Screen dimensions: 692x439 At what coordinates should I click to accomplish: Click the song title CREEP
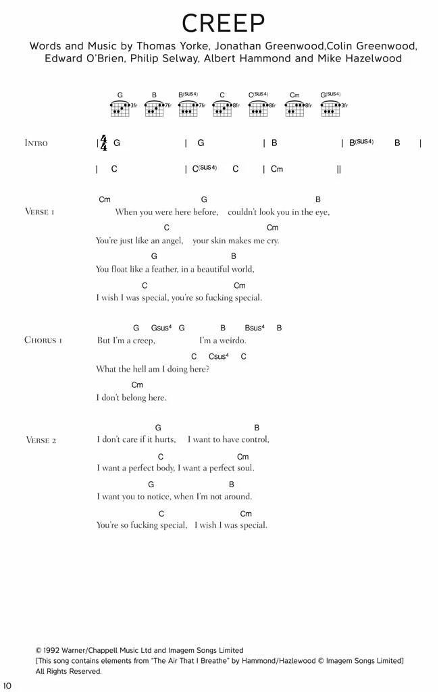pyautogui.click(x=222, y=24)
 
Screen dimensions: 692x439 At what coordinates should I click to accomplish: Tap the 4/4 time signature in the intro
pyautogui.click(x=103, y=143)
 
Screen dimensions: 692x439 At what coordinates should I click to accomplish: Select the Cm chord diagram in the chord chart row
pyautogui.click(x=295, y=106)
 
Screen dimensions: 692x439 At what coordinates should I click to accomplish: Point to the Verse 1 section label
pyautogui.click(x=40, y=212)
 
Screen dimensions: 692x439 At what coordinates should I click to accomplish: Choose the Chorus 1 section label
pyautogui.click(x=43, y=340)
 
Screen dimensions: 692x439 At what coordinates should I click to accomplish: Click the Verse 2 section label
pyautogui.click(x=40, y=440)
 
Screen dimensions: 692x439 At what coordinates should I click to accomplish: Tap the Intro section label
pyautogui.click(x=36, y=143)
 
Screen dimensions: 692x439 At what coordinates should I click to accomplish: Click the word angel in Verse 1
pyautogui.click(x=171, y=241)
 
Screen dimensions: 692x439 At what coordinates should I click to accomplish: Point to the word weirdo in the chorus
pyautogui.click(x=232, y=341)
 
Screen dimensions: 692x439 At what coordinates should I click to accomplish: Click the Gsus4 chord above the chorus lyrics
pyautogui.click(x=161, y=328)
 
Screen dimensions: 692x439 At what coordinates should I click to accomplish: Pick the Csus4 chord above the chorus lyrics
pyautogui.click(x=218, y=356)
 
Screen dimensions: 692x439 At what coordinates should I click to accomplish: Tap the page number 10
pyautogui.click(x=7, y=687)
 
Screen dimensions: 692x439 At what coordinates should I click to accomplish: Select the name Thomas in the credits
pyautogui.click(x=156, y=47)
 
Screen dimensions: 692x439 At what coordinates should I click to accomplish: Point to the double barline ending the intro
pyautogui.click(x=338, y=169)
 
